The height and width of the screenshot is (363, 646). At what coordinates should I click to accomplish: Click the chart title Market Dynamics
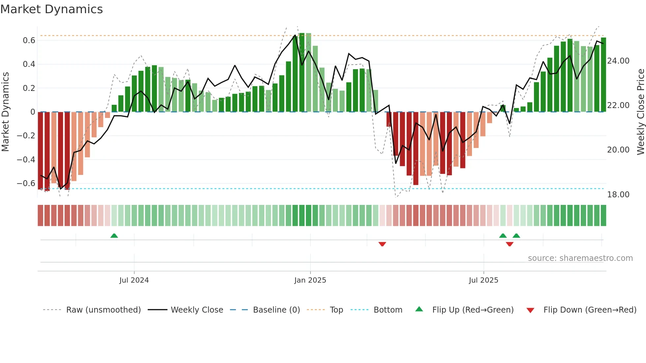(51, 9)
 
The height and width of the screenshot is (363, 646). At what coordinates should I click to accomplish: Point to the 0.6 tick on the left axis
(29, 41)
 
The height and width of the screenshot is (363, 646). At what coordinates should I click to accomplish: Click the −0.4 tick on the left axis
(26, 160)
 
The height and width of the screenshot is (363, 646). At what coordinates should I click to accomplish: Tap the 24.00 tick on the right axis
(618, 61)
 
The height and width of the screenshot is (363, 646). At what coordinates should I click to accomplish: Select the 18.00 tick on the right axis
(618, 195)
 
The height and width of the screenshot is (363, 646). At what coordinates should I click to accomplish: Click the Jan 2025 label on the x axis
(310, 280)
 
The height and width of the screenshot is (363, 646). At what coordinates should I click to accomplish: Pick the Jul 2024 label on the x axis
(134, 280)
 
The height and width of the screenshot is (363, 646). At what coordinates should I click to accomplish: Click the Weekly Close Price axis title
(641, 112)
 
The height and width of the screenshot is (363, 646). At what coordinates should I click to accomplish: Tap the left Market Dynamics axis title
(5, 112)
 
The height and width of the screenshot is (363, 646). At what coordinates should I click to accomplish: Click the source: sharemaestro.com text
(580, 258)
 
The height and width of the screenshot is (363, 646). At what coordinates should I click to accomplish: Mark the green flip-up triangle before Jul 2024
(114, 236)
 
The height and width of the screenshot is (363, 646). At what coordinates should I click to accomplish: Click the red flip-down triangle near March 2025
(382, 244)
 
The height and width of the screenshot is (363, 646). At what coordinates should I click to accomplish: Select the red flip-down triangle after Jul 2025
(510, 244)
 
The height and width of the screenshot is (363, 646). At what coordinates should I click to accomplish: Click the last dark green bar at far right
(603, 75)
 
